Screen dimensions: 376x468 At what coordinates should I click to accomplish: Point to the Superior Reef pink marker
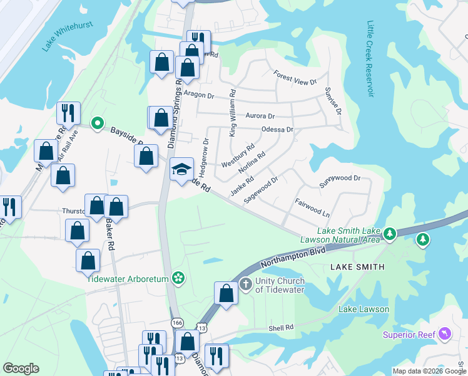pyautogui.click(x=445, y=333)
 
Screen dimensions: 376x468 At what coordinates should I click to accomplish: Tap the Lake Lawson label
pyautogui.click(x=364, y=309)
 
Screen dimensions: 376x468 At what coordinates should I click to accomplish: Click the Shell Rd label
pyautogui.click(x=281, y=328)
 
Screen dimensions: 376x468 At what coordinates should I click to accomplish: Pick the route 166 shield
pyautogui.click(x=176, y=322)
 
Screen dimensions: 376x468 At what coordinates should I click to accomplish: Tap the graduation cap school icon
pyautogui.click(x=181, y=169)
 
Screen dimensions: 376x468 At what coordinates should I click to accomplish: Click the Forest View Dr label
pyautogui.click(x=295, y=78)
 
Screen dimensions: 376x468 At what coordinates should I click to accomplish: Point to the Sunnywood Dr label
pyautogui.click(x=340, y=178)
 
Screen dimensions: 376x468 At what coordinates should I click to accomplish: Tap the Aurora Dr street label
pyautogui.click(x=260, y=116)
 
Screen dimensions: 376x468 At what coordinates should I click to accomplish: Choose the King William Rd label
pyautogui.click(x=232, y=113)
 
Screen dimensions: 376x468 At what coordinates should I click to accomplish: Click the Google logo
pyautogui.click(x=21, y=368)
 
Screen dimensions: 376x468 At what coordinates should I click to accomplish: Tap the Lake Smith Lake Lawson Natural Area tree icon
pyautogui.click(x=390, y=234)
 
